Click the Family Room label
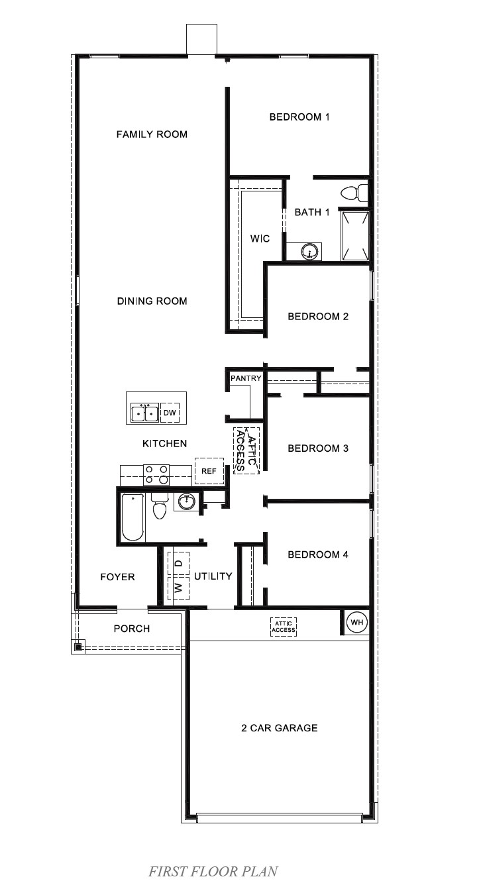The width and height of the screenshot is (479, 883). point(152,134)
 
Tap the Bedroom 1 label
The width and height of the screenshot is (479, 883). point(299,117)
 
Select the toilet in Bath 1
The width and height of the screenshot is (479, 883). point(353,193)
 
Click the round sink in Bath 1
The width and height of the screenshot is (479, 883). point(309,252)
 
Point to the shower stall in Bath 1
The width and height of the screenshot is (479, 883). point(354,234)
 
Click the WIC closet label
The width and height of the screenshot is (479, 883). point(260,238)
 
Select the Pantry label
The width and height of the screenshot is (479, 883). point(246,378)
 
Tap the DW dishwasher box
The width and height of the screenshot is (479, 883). point(170,413)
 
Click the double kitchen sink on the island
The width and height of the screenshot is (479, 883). point(144,413)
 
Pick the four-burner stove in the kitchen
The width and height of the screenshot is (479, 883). point(156,475)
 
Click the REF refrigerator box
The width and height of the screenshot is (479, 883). point(209,471)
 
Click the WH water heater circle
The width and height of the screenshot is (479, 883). point(356,623)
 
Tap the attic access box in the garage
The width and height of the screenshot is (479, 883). point(284,627)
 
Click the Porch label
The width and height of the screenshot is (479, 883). point(132,629)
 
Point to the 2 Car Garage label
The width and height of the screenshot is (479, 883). point(279,728)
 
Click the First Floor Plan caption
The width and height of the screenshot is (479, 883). point(213,871)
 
